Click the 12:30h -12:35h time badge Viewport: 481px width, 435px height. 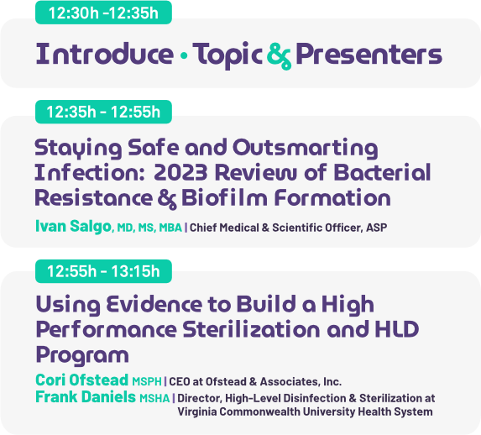point(103,13)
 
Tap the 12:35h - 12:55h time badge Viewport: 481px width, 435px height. point(103,112)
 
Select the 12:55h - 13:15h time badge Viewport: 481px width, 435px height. point(103,271)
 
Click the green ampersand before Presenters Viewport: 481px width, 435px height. point(279,56)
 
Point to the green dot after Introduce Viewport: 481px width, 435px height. point(184,55)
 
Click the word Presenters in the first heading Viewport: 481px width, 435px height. point(369,54)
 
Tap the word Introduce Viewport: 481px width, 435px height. point(105,54)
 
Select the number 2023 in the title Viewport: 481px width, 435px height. point(180,172)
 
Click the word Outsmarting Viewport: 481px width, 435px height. point(306,149)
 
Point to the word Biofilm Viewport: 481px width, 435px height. point(224,197)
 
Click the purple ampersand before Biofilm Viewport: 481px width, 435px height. point(167,199)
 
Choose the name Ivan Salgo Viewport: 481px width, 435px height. point(73,226)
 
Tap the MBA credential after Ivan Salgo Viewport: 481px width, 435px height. point(170,228)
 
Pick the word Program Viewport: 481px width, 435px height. point(82,356)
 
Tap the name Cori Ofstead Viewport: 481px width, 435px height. point(81,380)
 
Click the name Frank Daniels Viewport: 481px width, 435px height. point(86,396)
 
